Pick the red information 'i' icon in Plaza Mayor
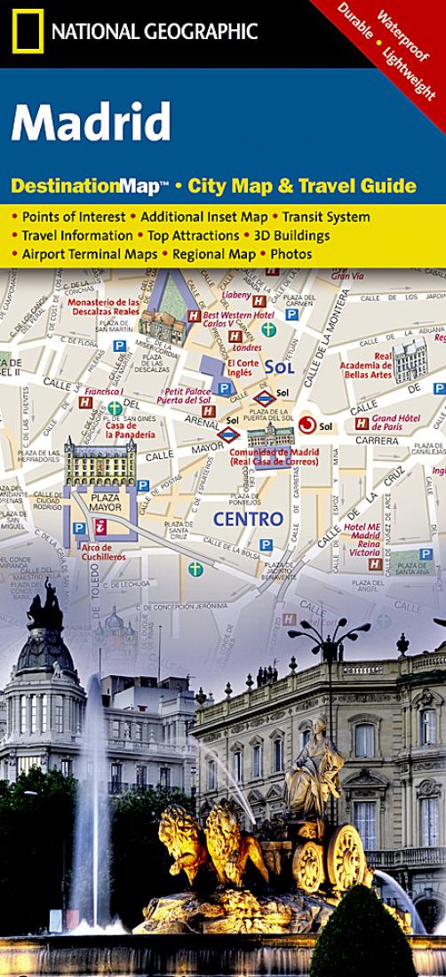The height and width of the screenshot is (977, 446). [101, 526]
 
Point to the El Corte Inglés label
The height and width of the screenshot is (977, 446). [243, 368]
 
